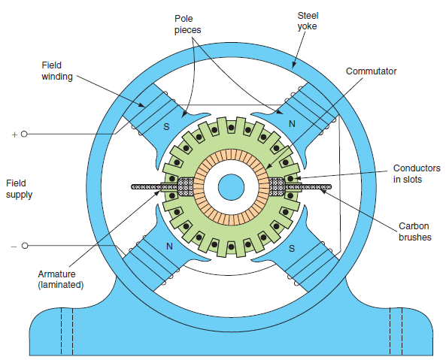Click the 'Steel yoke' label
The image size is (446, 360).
308,21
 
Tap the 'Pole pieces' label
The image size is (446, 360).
187,24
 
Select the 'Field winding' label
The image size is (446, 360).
57,71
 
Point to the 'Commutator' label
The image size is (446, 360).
371,71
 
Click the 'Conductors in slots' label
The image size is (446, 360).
417,174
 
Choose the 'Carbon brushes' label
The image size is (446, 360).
414,231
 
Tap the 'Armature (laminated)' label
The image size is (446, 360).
61,280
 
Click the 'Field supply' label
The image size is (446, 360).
19,189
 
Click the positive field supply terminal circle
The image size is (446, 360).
24,134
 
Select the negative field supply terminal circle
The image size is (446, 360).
25,246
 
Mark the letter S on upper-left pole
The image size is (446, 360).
166,127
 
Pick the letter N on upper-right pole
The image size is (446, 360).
292,124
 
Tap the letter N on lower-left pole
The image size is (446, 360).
169,246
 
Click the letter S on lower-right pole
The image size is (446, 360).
292,249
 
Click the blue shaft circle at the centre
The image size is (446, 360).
231,187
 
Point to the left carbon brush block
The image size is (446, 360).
186,187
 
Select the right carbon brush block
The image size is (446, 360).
277,187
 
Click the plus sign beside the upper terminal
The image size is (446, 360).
14,135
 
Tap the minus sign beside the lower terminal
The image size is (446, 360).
14,247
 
